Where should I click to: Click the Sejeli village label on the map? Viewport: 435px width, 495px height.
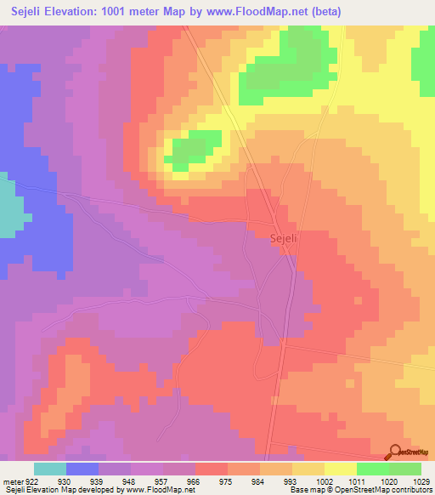click(x=284, y=239)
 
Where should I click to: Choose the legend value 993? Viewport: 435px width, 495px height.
click(x=291, y=481)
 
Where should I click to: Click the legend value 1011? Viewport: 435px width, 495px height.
click(x=357, y=481)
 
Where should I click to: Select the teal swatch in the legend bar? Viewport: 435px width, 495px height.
click(x=50, y=469)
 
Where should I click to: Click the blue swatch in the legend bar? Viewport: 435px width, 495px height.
click(x=82, y=469)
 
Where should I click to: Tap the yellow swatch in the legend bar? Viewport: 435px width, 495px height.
click(x=340, y=469)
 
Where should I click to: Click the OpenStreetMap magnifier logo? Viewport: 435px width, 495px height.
click(x=394, y=452)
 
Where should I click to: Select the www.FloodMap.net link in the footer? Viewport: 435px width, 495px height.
click(x=154, y=490)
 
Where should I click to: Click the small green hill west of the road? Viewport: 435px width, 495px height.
click(x=195, y=150)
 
